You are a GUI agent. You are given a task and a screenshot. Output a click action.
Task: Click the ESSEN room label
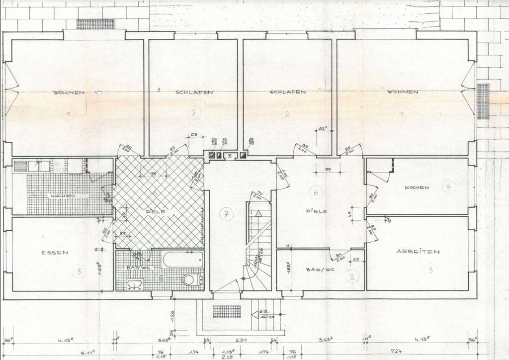[x=55, y=253]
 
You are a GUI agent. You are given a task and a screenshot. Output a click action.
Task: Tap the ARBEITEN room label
[x=418, y=252]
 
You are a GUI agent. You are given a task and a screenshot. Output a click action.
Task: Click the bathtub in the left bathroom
[x=182, y=260]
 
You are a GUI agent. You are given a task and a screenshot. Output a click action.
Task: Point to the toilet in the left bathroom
[x=188, y=279]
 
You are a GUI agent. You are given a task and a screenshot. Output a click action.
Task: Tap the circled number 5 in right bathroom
[x=352, y=277]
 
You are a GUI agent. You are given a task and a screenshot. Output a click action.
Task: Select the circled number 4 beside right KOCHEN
[x=448, y=187]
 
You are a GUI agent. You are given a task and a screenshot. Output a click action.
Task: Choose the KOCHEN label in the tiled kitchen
[x=62, y=196]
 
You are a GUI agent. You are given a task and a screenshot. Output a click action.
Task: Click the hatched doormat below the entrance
[x=226, y=312]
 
